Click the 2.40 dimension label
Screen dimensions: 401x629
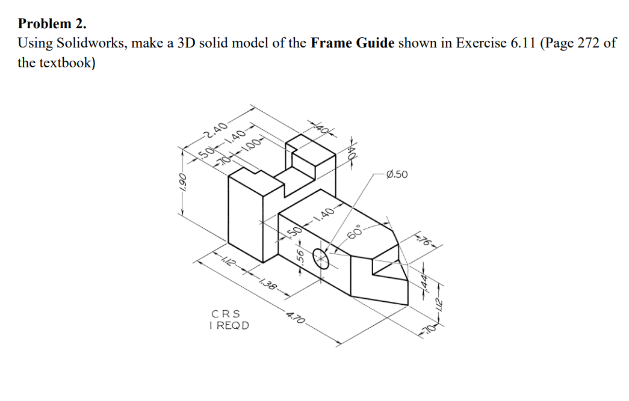click(215, 130)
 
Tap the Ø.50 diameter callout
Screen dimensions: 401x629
click(395, 174)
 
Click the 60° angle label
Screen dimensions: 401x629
click(355, 231)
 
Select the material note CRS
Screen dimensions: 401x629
click(226, 313)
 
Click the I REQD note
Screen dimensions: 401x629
click(229, 325)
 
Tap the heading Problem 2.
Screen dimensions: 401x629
click(52, 24)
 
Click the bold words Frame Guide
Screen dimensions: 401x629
click(352, 44)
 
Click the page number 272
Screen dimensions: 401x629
click(590, 44)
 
